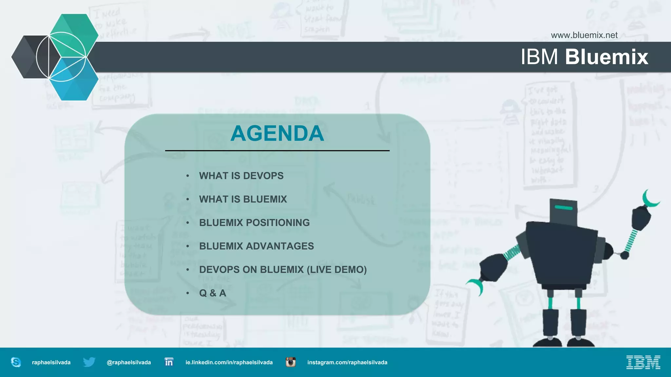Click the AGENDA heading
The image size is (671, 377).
[277, 134]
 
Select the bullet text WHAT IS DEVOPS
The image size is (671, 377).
[241, 176]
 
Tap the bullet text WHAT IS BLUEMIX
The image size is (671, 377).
[243, 199]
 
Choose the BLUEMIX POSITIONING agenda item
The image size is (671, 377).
[254, 223]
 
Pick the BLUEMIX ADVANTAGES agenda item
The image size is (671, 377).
[256, 246]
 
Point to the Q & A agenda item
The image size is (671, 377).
[213, 293]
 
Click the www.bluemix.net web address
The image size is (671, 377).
[584, 35]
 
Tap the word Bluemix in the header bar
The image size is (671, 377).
[606, 57]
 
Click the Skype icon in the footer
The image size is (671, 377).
[16, 362]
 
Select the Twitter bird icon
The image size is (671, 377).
[89, 362]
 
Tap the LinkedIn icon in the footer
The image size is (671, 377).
[169, 362]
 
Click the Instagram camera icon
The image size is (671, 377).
[290, 362]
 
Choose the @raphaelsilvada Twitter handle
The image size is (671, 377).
[129, 362]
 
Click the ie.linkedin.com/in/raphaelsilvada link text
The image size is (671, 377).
[229, 362]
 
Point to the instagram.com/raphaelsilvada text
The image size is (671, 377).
[347, 362]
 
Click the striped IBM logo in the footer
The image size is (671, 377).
[643, 362]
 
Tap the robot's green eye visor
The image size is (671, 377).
[564, 207]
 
